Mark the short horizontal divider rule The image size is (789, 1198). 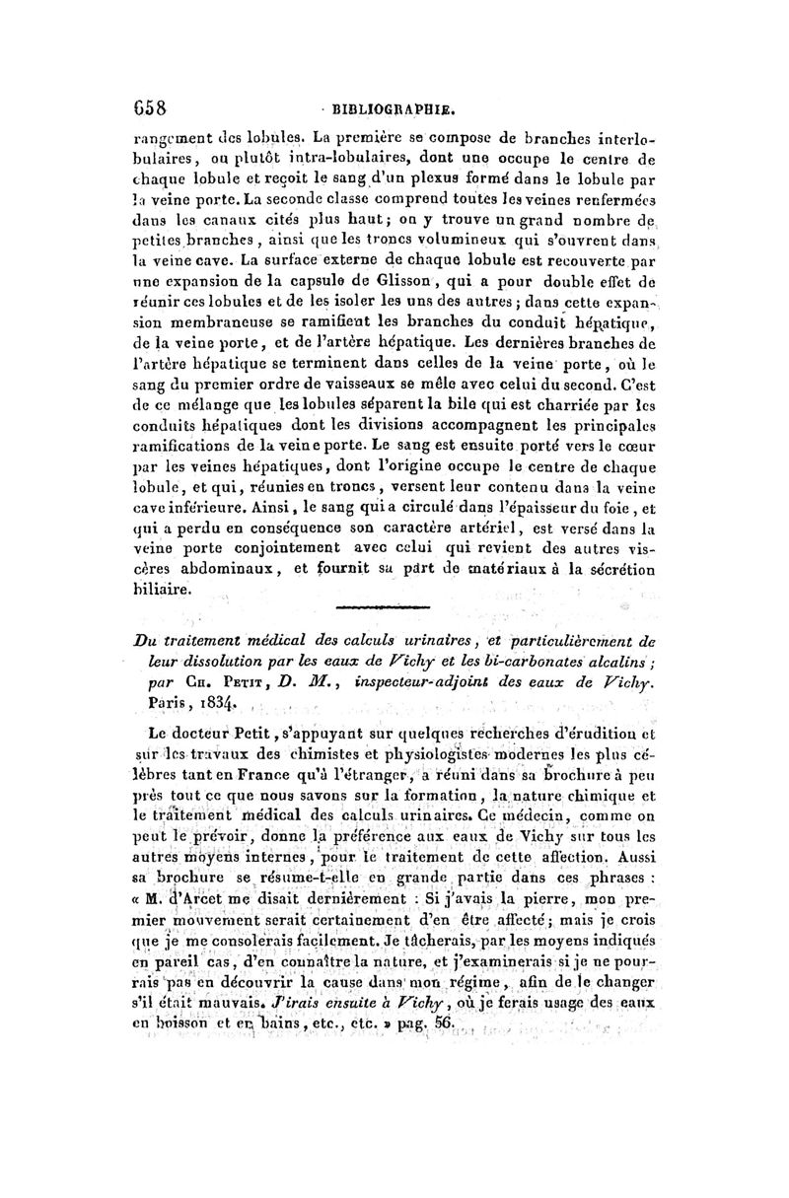pyautogui.click(x=384, y=608)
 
